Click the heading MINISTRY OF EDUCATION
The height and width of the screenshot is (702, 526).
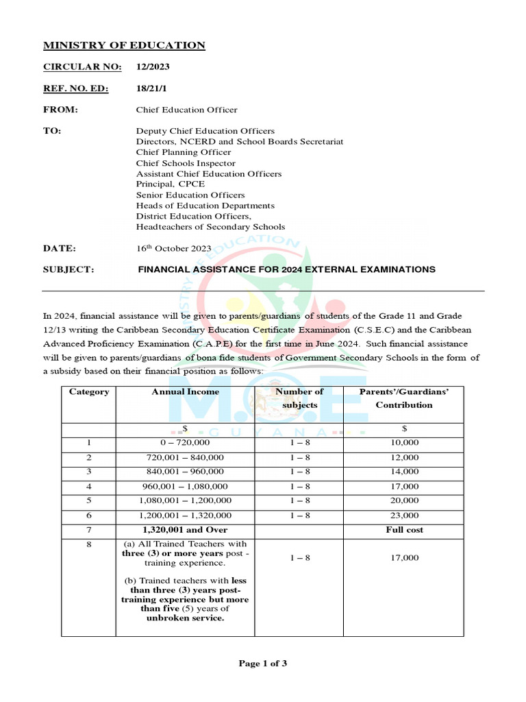[124, 45]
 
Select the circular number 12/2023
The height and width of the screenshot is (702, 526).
[153, 67]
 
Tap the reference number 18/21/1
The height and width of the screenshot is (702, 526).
[151, 88]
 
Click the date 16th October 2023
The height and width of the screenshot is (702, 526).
[174, 248]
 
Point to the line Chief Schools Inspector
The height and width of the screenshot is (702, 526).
[186, 163]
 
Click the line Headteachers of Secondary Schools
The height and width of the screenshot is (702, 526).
[210, 227]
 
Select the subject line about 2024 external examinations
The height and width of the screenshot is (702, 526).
[286, 269]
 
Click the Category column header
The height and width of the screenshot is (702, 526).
[89, 392]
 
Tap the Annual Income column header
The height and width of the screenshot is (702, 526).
[185, 392]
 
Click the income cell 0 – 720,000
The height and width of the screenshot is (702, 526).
[185, 443]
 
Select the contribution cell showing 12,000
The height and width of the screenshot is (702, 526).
[403, 457]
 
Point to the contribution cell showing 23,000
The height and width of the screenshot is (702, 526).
[403, 516]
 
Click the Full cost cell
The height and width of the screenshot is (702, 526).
[403, 530]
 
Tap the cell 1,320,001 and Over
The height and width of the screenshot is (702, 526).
[185, 530]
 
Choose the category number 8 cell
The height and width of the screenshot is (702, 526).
[89, 544]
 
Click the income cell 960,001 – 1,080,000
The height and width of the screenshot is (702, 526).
[185, 487]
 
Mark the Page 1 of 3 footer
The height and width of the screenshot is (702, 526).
[262, 663]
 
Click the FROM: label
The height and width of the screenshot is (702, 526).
[61, 110]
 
